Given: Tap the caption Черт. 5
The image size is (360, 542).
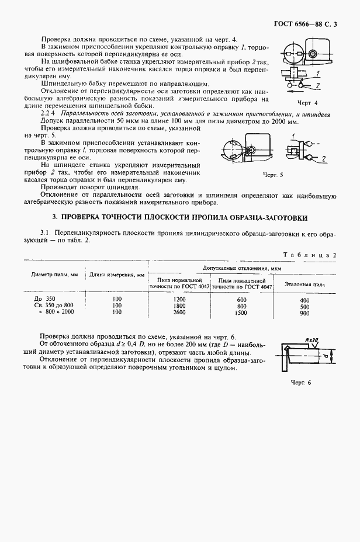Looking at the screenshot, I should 272,175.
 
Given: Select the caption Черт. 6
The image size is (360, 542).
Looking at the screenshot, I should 302,382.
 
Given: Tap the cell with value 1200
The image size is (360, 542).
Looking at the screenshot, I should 179,299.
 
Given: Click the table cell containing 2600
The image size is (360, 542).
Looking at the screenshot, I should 179,312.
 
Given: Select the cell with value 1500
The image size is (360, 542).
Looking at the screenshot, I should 242,312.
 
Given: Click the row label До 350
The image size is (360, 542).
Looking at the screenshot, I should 43,299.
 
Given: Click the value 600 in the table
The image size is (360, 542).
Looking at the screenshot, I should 242,299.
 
